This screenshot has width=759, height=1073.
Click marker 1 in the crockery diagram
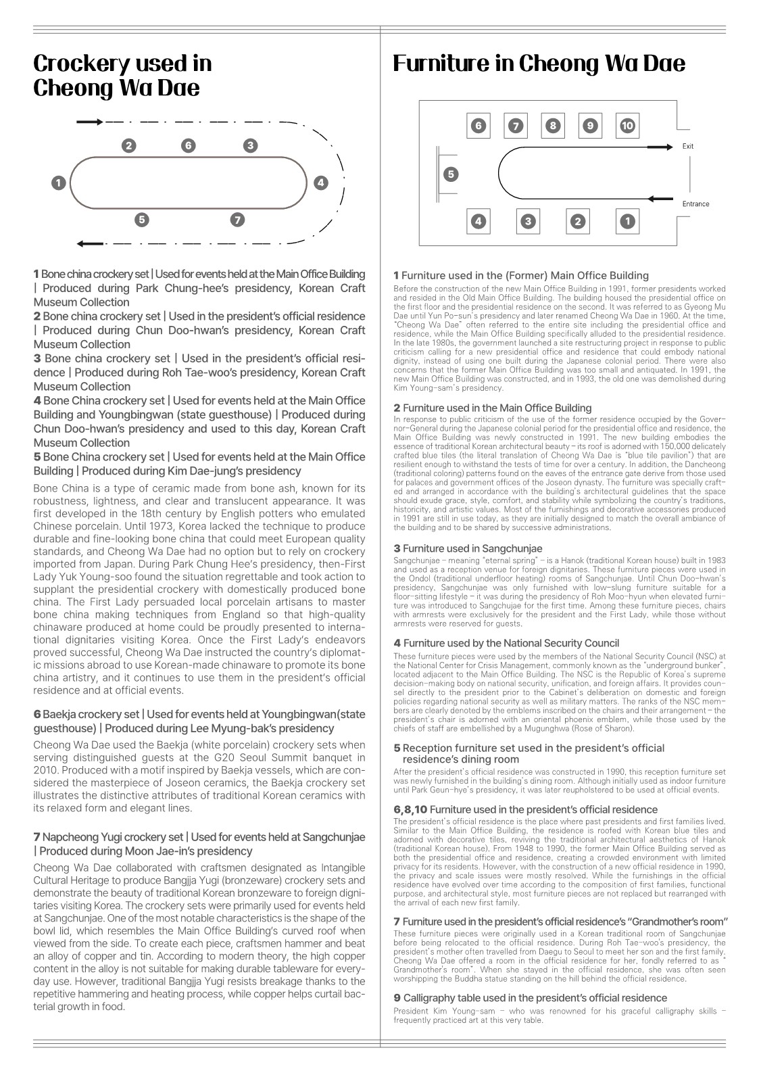coord(59,183)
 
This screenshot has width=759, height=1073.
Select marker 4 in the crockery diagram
coord(320,183)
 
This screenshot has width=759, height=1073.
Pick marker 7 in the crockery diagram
coord(237,220)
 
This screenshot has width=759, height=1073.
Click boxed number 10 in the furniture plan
coord(627,126)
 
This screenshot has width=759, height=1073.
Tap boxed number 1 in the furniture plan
coord(627,221)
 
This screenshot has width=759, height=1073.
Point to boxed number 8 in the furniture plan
coord(553,126)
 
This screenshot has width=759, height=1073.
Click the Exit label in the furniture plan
coord(687,146)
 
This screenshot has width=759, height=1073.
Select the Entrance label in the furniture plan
coord(695,204)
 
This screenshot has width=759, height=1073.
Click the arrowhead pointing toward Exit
coord(668,146)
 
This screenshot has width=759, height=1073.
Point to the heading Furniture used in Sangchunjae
coord(472,548)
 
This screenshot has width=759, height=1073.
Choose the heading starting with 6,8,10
coord(525,809)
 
